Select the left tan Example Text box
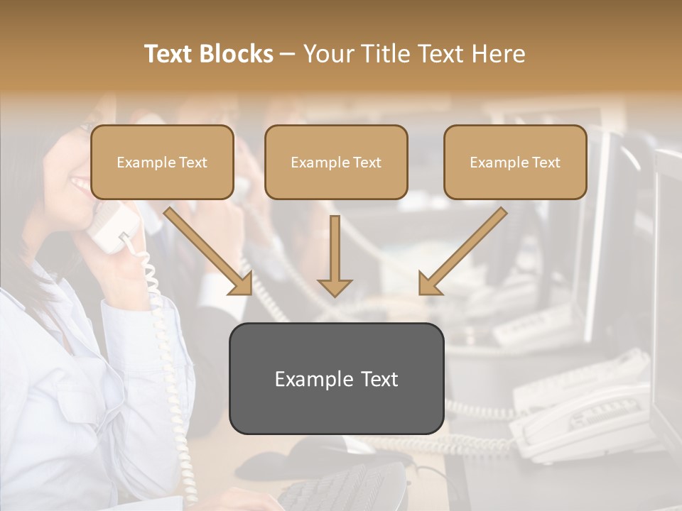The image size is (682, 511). (162, 162)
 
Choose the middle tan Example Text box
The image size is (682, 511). (336, 162)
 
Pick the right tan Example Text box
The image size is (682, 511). (515, 162)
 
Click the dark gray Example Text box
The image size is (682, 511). (336, 378)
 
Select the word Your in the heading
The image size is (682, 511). (328, 54)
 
